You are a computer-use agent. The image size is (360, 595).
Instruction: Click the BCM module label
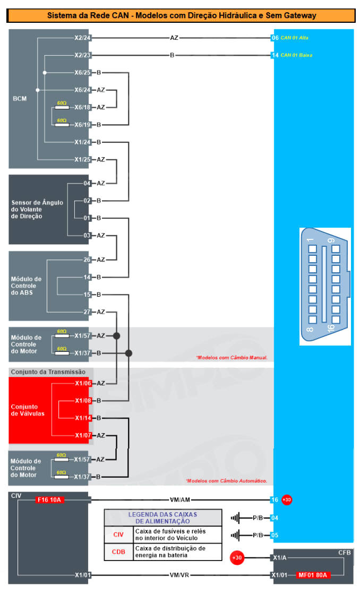pos(20,99)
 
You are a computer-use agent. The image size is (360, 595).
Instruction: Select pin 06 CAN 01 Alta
pos(290,38)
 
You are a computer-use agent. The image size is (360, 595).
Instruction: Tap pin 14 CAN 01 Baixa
pos(292,55)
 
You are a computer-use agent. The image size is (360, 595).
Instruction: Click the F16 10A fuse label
pos(49,500)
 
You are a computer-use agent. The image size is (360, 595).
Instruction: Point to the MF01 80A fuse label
pos(313,575)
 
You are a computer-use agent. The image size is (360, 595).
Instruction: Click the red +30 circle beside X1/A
pos(237,558)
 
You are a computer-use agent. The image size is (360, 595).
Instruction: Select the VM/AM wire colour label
pos(179,500)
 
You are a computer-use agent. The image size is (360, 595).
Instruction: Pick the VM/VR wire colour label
pos(179,575)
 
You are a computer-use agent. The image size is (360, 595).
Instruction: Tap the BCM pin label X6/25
pos(82,73)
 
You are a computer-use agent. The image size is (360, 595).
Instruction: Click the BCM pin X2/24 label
pos(82,38)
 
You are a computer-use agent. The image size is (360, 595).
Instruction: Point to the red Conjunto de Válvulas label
pos(28,410)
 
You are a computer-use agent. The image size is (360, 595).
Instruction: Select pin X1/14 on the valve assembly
pos(83,418)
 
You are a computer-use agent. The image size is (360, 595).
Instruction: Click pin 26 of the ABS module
pos(87,260)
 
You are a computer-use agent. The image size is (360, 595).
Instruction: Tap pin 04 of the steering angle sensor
pos(87,183)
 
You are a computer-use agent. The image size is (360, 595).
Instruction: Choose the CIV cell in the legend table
pos(118,534)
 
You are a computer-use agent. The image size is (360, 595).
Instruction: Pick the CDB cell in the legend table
pos(118,551)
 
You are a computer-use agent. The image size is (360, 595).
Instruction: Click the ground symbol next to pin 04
pos(235,518)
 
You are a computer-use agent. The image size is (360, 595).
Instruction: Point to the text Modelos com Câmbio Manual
pos(232,357)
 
